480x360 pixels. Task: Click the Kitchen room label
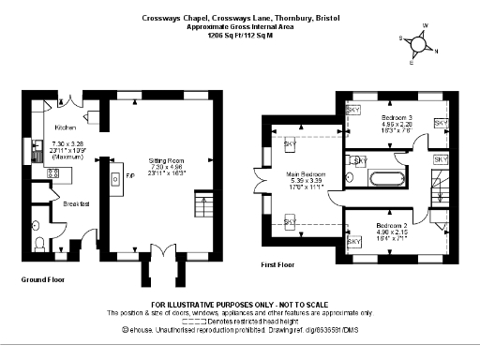click(65, 127)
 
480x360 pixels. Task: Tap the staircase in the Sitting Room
click(198, 203)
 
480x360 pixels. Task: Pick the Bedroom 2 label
click(392, 226)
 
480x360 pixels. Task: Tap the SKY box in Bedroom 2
click(354, 243)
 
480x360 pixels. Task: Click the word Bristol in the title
click(326, 17)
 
